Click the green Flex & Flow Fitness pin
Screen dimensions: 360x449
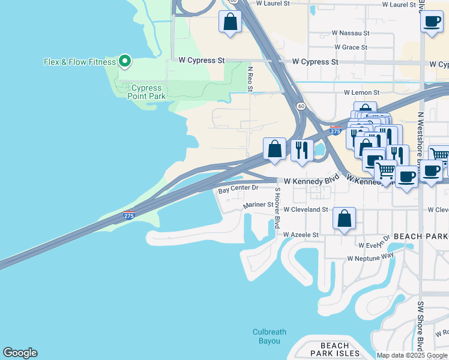pos(125,61)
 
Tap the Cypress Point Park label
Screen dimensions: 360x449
pos(146,92)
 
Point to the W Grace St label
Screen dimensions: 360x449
pos(351,47)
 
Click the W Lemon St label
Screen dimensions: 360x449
pos(361,92)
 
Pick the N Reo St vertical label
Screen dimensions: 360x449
pos(250,79)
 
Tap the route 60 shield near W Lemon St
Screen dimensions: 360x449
pos(301,106)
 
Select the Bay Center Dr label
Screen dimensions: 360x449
pos(238,188)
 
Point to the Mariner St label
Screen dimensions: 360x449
pos(258,206)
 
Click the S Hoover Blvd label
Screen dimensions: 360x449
pos(277,208)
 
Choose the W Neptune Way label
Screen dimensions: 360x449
pos(370,257)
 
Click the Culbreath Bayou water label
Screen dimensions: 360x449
pos(270,336)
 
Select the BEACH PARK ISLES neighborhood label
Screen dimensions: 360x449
pos(334,349)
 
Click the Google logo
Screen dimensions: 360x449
pos(20,353)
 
